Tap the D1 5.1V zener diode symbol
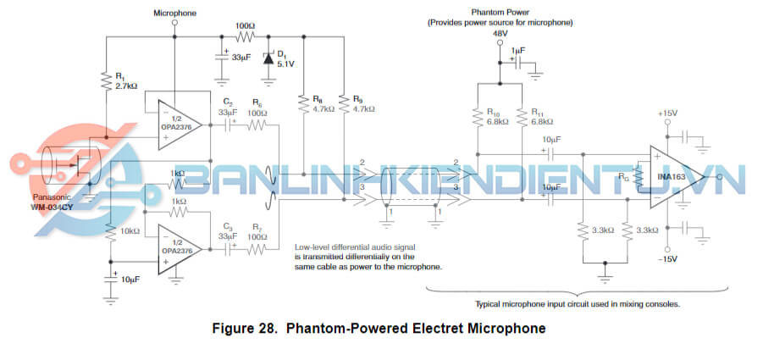click(268, 59)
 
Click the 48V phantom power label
click(500, 34)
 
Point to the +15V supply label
click(668, 113)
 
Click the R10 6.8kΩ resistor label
click(498, 116)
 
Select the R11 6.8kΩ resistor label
click(542, 116)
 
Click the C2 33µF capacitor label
click(227, 106)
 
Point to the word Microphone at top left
click(174, 14)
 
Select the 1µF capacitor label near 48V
click(517, 51)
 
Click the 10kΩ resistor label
click(129, 230)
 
